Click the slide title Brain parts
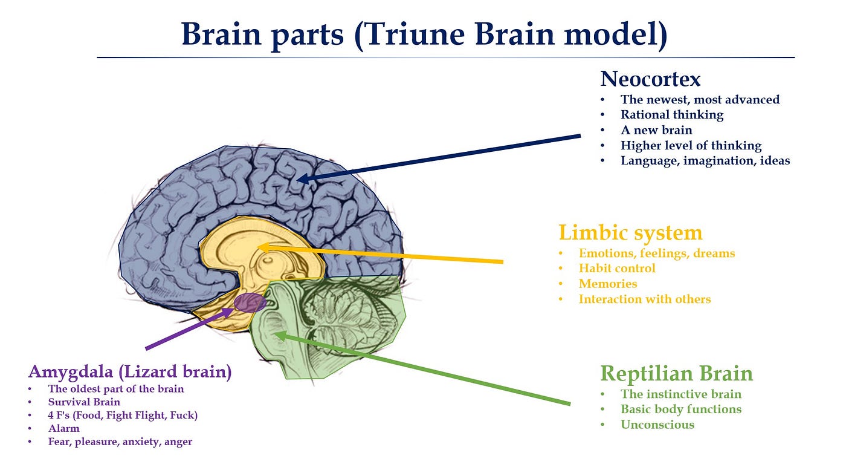click(x=424, y=34)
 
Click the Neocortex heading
click(x=650, y=79)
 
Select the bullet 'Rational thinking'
click(x=671, y=114)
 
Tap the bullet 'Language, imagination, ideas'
click(x=705, y=161)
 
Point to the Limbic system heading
click(x=630, y=233)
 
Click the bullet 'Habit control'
click(x=616, y=268)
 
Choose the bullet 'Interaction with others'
click(x=644, y=299)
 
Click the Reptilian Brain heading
click(x=676, y=373)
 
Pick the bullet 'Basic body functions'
click(x=680, y=409)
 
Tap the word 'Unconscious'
click(x=657, y=425)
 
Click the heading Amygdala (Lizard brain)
click(x=130, y=371)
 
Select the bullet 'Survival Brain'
click(x=84, y=402)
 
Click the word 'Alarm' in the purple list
click(x=63, y=428)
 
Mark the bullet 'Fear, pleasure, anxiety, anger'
click(x=120, y=442)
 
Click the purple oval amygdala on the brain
click(x=249, y=302)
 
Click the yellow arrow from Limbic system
click(x=381, y=254)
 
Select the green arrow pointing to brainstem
click(x=423, y=368)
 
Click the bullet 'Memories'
click(x=607, y=284)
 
